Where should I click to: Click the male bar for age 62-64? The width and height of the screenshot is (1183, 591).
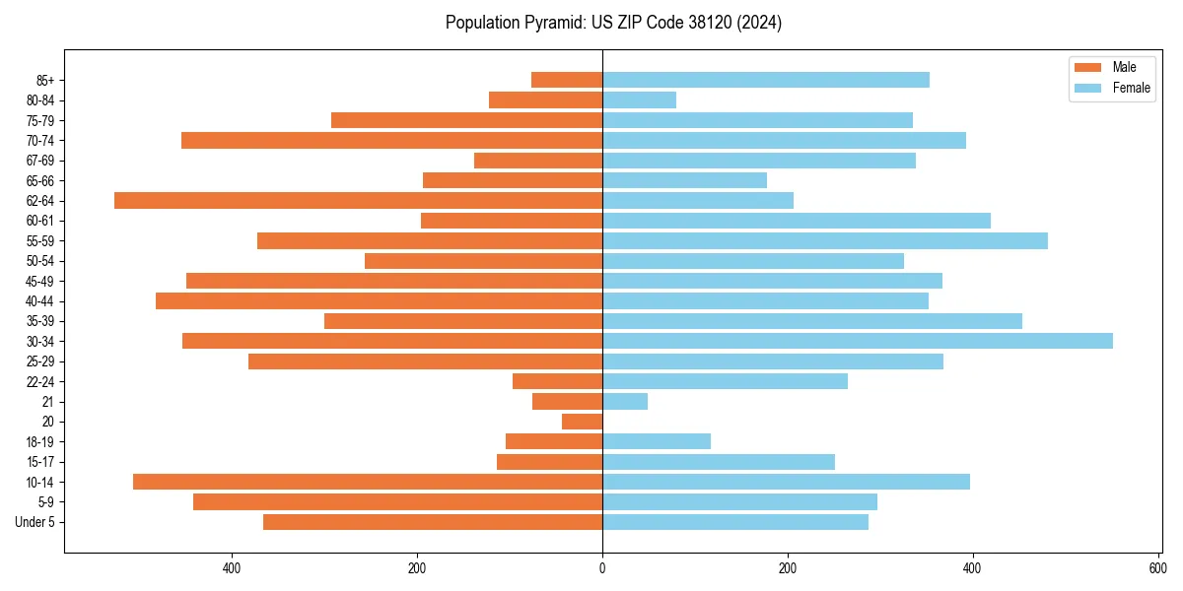(x=358, y=200)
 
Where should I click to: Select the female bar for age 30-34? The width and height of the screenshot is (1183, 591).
(x=858, y=341)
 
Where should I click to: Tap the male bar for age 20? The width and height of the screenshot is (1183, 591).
(x=582, y=422)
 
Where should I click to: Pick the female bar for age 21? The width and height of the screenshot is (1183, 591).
(x=625, y=401)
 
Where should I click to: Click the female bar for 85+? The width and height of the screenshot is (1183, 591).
(x=766, y=80)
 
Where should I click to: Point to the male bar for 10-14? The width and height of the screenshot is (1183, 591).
(x=368, y=482)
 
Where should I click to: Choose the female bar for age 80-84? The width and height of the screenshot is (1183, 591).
(x=639, y=99)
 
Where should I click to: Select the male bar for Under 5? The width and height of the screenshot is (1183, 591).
(x=433, y=522)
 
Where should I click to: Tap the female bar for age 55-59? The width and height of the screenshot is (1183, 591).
(x=825, y=240)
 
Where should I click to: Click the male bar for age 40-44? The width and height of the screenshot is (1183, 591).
(x=379, y=300)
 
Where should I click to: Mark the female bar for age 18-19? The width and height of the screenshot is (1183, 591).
(x=657, y=441)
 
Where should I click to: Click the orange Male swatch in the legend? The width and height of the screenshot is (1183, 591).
(x=1087, y=67)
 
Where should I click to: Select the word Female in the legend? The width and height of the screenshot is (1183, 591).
(x=1132, y=89)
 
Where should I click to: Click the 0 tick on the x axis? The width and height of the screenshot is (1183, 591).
(x=602, y=568)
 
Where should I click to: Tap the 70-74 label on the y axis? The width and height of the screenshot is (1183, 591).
(x=41, y=141)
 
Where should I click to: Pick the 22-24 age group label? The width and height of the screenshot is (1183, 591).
(x=41, y=381)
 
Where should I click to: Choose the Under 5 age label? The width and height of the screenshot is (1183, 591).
(x=35, y=522)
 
